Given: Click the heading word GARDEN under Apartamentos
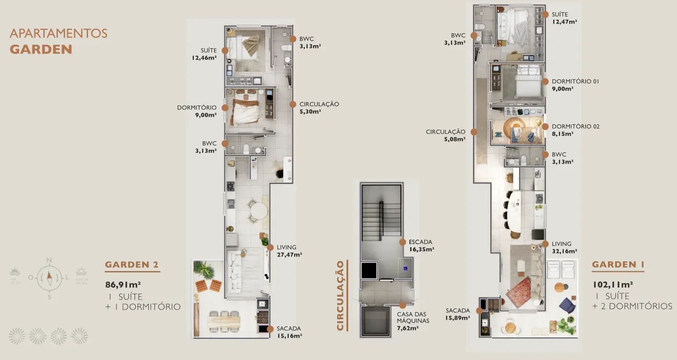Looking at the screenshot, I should point(41,49).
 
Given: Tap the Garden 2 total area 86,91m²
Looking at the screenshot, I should point(123,285).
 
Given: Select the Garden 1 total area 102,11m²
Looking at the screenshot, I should point(612,284).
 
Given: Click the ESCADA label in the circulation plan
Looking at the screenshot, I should point(420,242).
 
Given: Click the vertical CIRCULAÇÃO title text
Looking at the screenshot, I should point(340,295).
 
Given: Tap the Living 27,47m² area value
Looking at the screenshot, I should point(289,255).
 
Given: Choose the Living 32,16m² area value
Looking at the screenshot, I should point(564,251).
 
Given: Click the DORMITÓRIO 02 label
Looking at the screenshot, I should point(575,126).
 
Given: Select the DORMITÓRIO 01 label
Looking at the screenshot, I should point(575,81).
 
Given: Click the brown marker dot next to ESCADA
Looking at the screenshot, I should point(402,242).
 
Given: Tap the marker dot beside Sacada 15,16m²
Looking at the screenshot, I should point(269,329).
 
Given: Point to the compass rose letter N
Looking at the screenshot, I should point(49,260).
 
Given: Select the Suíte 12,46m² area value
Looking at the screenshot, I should point(204,58).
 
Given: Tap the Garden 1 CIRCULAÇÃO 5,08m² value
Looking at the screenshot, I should point(454,139).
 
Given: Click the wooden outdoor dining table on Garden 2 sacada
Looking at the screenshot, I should point(224,320).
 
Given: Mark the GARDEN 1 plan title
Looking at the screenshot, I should point(618,264).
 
